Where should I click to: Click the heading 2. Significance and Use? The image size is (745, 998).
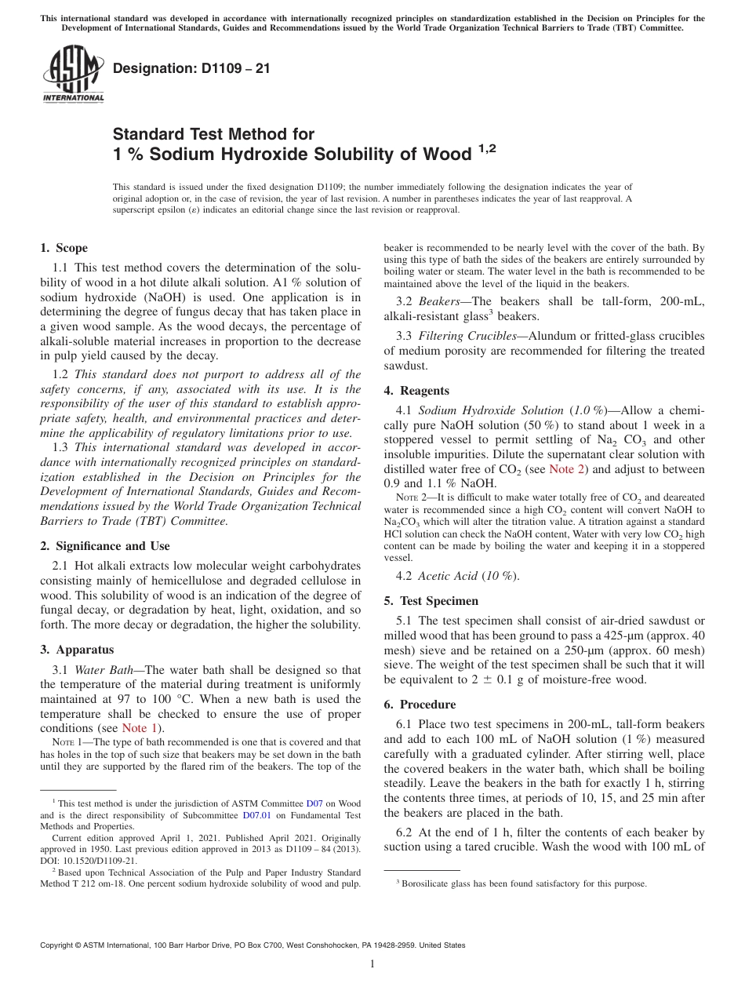[104, 546]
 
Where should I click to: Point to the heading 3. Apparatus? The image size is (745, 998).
[77, 650]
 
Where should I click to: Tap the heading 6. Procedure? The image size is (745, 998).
[420, 705]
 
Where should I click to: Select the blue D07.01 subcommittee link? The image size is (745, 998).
[228, 815]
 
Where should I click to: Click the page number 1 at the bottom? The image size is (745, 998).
[372, 964]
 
